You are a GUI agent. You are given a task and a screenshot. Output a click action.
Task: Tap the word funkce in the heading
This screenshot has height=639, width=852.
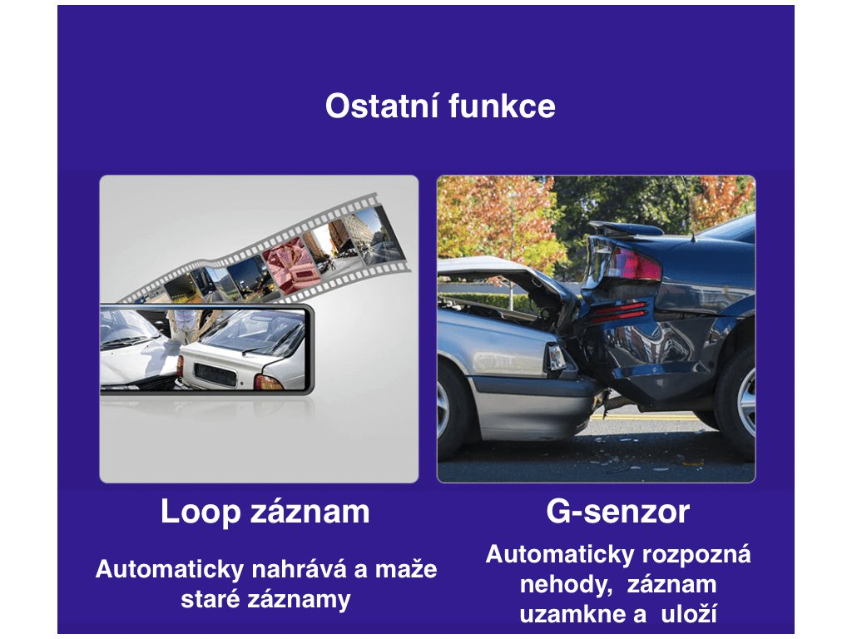tap(502, 106)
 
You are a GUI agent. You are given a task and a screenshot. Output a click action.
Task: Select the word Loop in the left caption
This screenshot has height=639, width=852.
tap(200, 513)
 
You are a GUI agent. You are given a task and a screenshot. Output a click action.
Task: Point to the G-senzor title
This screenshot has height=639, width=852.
tap(618, 512)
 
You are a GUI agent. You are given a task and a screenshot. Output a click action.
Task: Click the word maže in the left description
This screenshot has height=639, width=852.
tap(406, 569)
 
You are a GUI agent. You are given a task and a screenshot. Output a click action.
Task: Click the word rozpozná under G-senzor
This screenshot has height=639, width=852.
tap(696, 555)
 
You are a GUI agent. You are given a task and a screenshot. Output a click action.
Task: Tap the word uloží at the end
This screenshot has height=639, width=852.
tap(689, 614)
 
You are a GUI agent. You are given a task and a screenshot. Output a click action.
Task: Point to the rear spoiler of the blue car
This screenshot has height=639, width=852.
tap(625, 228)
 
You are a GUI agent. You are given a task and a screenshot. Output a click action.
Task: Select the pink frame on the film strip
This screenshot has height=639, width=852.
tap(291, 267)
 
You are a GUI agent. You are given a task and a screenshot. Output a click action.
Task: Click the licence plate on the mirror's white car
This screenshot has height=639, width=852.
tap(215, 375)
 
